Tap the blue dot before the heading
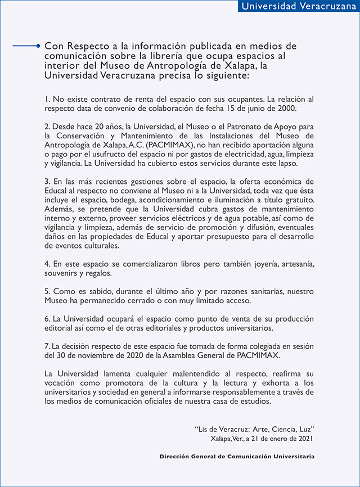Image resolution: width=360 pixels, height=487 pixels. (38, 46)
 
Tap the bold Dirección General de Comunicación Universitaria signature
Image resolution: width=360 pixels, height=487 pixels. (237, 456)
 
